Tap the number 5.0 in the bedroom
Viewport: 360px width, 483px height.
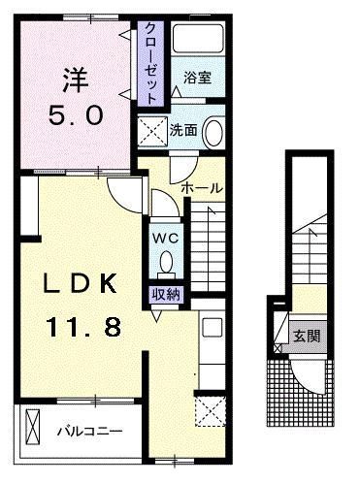[73, 114]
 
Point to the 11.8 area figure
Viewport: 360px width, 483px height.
[82, 327]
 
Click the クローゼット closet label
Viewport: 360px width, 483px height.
[151, 62]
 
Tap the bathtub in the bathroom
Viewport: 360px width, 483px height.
[199, 44]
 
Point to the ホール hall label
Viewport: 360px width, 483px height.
[202, 187]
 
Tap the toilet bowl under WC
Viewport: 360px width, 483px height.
[166, 261]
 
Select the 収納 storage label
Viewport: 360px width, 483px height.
[163, 294]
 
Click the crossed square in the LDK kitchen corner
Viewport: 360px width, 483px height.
[208, 411]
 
